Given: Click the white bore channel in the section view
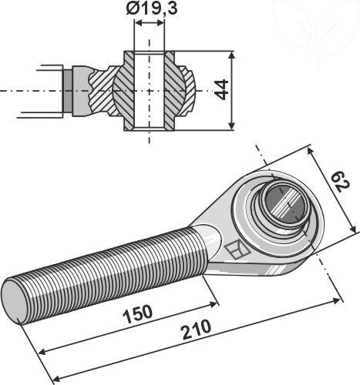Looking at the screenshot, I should click(x=150, y=90).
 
